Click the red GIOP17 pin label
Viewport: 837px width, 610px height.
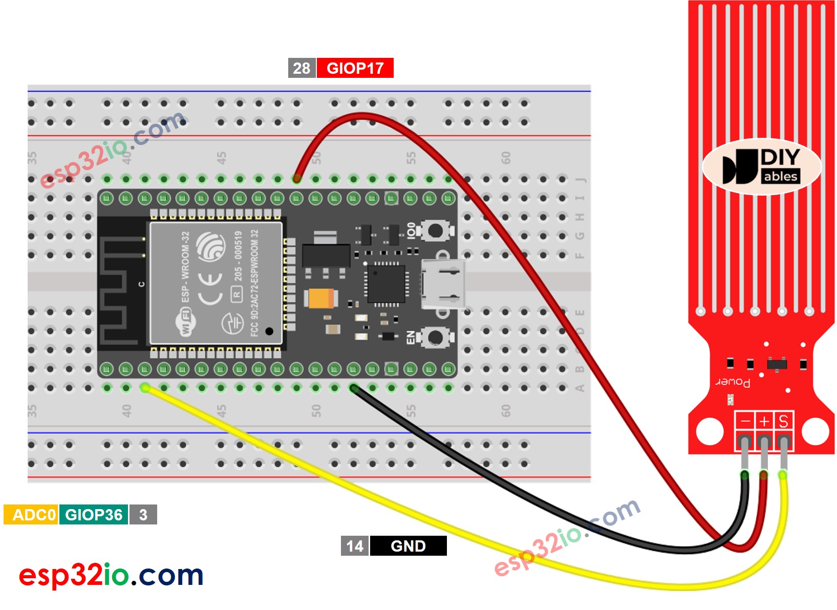tap(355, 68)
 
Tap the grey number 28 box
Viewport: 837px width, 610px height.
tap(302, 68)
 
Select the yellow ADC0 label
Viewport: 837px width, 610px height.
tap(31, 514)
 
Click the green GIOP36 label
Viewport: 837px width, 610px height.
tap(94, 514)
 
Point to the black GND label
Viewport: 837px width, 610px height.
tap(408, 546)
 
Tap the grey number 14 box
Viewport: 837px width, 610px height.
tap(354, 546)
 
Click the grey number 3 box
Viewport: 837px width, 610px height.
tap(143, 514)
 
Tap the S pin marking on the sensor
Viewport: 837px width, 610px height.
tap(783, 422)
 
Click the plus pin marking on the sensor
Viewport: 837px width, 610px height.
tap(764, 422)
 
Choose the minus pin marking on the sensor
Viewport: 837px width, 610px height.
tap(745, 422)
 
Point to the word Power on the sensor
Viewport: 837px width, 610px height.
tap(733, 382)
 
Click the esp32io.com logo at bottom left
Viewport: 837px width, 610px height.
tap(111, 575)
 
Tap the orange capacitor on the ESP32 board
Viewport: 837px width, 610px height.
tap(320, 298)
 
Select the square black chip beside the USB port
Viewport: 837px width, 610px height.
tap(387, 284)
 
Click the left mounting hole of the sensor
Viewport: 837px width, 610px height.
tap(710, 431)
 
